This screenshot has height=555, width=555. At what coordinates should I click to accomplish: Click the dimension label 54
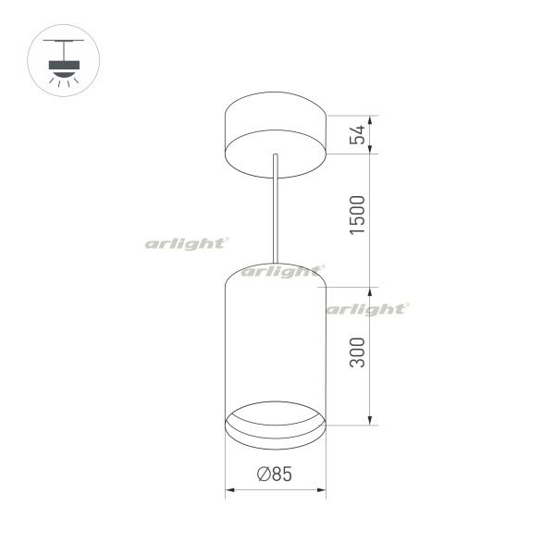point(357,134)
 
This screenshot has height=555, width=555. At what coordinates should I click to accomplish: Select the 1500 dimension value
point(357,215)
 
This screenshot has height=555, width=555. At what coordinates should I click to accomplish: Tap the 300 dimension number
point(357,352)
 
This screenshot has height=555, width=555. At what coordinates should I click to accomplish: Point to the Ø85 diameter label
point(275,474)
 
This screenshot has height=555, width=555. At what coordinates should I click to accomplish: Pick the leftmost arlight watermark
point(187,244)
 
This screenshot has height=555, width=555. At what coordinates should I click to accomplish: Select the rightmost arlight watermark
point(367,309)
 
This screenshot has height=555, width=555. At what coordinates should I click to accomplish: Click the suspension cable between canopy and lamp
point(276,209)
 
